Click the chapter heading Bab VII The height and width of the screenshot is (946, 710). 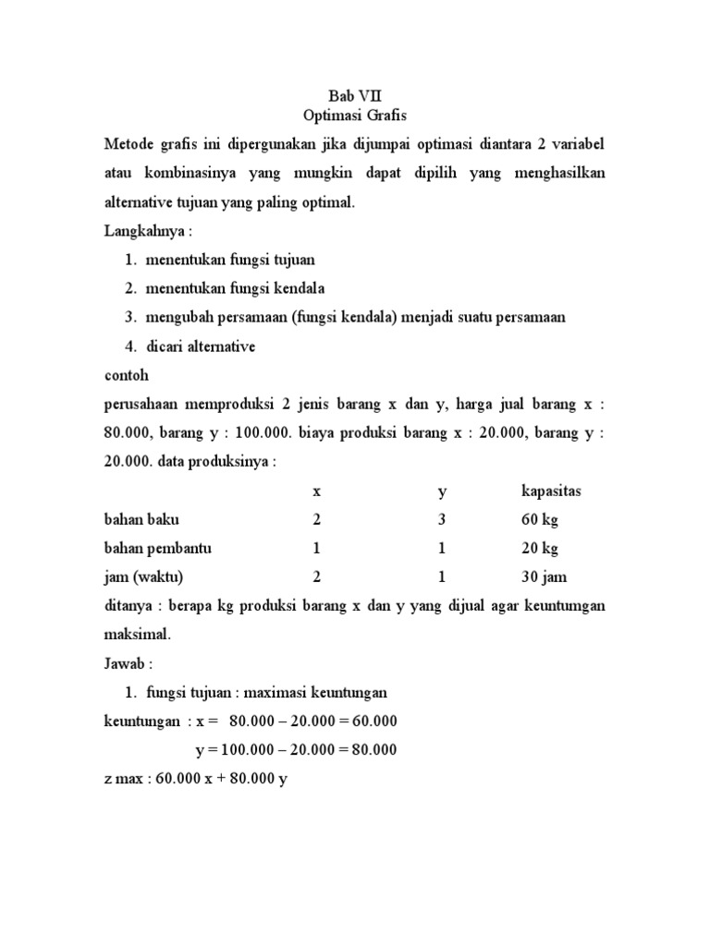[x=354, y=95]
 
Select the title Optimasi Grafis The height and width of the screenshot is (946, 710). [x=354, y=115]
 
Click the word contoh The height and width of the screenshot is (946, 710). [x=126, y=375]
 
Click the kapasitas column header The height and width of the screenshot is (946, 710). [x=551, y=491]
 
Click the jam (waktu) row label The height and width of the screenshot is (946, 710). [x=143, y=577]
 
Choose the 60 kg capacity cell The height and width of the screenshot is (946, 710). [x=540, y=519]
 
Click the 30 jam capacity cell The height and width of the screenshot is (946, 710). [x=545, y=577]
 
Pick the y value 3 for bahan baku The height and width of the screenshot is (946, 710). [x=442, y=519]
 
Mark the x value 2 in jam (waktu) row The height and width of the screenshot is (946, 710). [x=317, y=577]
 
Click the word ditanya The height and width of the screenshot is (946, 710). [x=128, y=606]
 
